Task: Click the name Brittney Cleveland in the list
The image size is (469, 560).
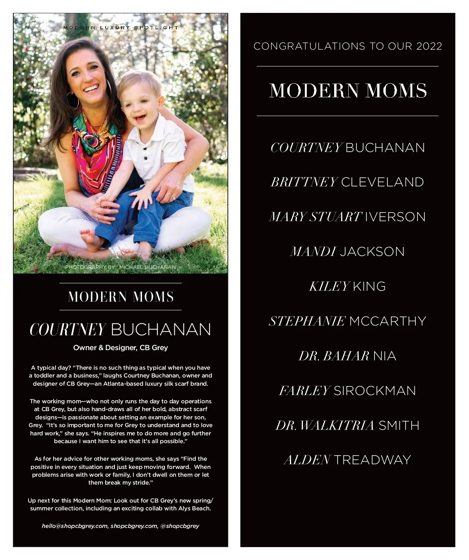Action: tap(347, 182)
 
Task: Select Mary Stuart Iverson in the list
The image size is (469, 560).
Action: tap(347, 217)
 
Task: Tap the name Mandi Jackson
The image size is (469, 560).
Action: tap(347, 252)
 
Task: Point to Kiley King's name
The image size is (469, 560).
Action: tap(347, 286)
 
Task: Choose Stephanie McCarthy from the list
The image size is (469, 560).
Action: tap(347, 321)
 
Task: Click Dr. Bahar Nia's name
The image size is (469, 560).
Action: tap(347, 356)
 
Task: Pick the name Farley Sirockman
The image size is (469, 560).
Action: tap(347, 391)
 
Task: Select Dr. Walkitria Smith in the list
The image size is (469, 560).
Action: tap(347, 426)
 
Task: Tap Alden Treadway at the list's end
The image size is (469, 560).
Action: tap(347, 460)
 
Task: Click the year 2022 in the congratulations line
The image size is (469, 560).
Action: tap(429, 46)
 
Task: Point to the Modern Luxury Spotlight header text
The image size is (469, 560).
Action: tap(121, 28)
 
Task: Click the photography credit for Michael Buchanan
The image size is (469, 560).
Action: tap(120, 267)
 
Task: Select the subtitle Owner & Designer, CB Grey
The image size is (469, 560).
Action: tap(120, 348)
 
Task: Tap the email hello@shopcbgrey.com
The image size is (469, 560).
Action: tap(74, 526)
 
